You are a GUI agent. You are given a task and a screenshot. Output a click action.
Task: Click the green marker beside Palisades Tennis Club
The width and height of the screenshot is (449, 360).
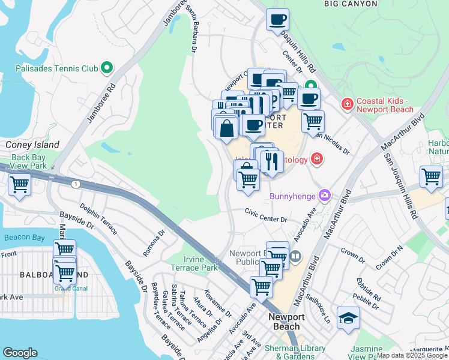107,68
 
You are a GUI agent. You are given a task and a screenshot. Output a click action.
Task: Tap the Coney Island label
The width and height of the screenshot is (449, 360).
32,145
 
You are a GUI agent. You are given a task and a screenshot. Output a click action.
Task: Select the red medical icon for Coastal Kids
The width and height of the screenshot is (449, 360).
346,104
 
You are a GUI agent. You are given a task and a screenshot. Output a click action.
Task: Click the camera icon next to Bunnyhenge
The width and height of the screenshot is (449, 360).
325,194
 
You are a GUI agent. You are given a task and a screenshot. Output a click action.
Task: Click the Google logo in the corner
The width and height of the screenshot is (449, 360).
20,353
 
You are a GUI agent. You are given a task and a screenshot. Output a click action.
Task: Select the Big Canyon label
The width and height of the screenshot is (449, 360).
351,4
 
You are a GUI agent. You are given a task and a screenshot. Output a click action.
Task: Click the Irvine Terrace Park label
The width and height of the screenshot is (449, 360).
194,263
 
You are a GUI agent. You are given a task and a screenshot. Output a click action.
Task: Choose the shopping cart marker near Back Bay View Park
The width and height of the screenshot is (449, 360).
19,184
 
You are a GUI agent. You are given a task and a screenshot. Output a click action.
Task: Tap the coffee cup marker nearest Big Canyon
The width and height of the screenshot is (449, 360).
277,20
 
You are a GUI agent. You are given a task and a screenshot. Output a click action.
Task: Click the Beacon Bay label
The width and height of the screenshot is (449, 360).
24,238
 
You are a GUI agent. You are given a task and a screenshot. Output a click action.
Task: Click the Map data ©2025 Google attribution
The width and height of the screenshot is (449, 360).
412,355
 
